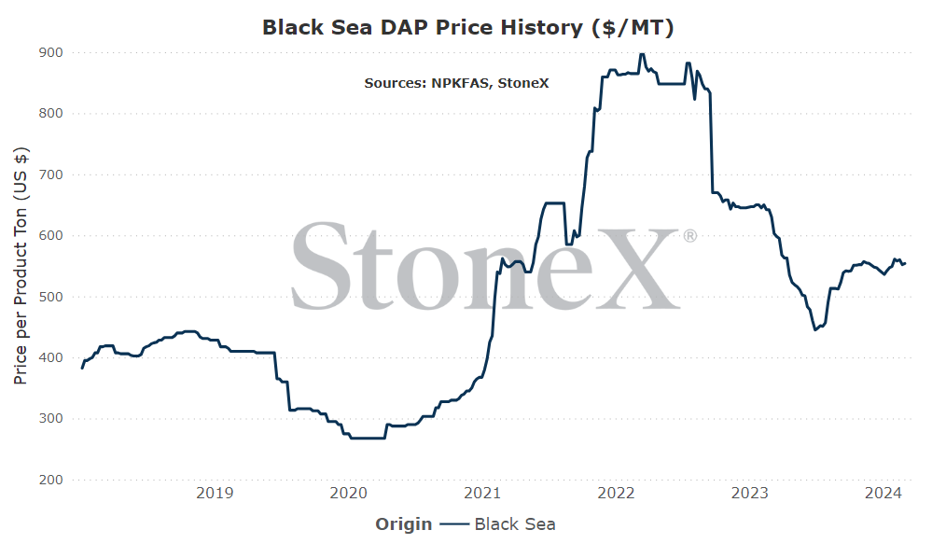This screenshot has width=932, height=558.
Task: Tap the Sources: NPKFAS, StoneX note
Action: point(456,83)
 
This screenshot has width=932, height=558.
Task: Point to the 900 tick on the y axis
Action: point(51,53)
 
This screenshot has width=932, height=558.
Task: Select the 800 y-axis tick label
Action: point(51,114)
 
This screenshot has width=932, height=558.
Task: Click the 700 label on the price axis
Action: point(51,174)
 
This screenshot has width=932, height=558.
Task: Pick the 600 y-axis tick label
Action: point(51,236)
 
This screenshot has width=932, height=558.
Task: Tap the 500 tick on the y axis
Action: point(51,297)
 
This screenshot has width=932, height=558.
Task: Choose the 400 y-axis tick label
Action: point(51,357)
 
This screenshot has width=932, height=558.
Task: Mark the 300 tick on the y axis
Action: point(51,418)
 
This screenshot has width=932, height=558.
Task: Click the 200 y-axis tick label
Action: point(51,480)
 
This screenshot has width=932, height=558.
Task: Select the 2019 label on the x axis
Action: point(215,494)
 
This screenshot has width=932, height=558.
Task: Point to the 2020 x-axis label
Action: point(348,494)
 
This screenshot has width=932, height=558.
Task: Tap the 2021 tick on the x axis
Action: point(482,494)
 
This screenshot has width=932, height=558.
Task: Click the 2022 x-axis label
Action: point(616,494)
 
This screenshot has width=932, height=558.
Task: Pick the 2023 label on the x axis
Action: point(749,494)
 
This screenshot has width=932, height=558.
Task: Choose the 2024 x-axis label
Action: point(883,494)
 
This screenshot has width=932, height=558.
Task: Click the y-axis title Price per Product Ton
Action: point(21,266)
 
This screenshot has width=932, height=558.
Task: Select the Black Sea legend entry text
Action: point(515,524)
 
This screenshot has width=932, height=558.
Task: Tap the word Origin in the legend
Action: point(404,524)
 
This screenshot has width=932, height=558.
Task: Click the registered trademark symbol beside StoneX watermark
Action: point(689,236)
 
